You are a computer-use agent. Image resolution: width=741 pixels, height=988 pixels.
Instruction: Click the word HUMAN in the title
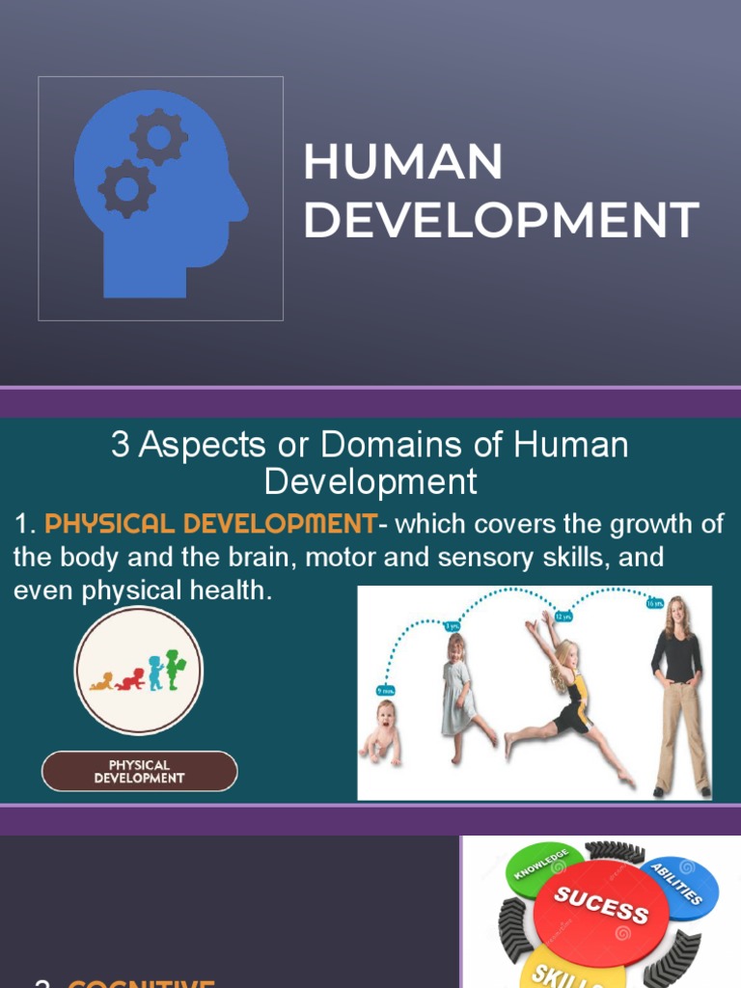403,163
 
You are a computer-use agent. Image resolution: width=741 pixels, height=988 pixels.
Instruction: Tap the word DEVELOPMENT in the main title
502,221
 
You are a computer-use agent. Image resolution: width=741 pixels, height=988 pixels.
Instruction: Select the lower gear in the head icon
125,188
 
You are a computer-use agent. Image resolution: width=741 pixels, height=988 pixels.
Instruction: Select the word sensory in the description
465,558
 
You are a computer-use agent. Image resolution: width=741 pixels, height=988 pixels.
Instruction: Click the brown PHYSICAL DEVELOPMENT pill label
139,772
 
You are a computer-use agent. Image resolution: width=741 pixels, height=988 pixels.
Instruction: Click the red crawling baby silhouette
131,678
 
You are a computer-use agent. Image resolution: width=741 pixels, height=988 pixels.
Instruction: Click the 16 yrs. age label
654,602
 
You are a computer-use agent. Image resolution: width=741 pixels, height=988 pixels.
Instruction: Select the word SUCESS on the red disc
600,904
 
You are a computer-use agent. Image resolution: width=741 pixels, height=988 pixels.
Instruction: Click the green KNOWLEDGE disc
542,865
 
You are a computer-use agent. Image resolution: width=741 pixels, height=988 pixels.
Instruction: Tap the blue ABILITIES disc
683,883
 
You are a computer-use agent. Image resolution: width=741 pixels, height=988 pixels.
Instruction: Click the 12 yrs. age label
563,615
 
